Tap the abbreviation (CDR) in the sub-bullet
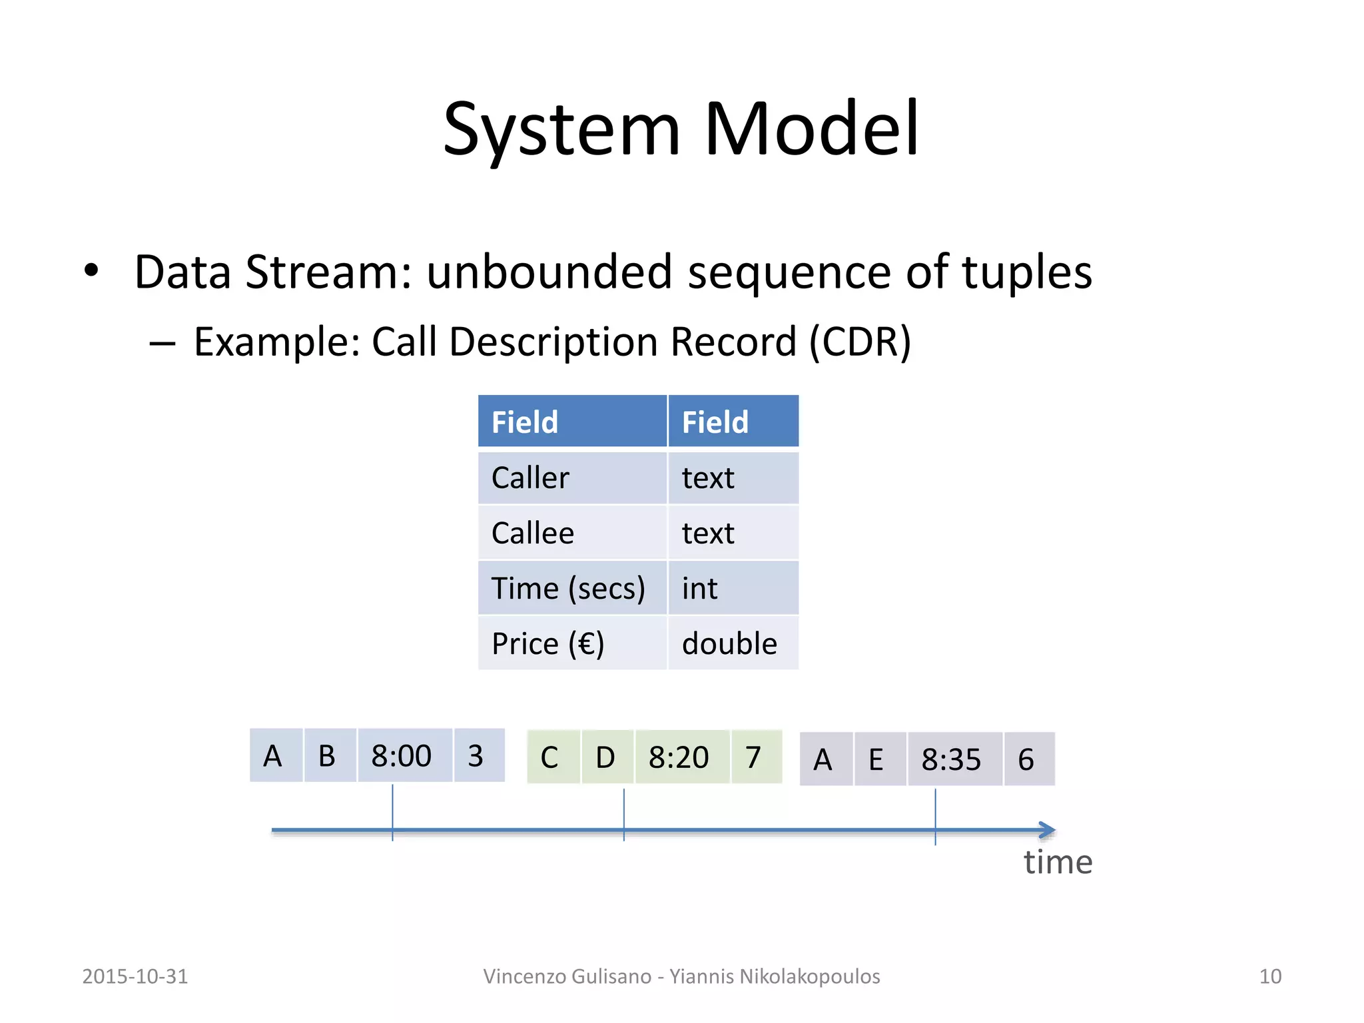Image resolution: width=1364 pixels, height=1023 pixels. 860,342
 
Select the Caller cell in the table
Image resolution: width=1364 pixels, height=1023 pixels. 571,478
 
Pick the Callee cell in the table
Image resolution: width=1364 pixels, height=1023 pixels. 571,533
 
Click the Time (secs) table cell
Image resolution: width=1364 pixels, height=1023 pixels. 571,588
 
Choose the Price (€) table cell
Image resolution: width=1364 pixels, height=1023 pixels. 571,643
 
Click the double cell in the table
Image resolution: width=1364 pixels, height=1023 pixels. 732,643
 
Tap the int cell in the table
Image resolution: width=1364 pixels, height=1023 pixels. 732,588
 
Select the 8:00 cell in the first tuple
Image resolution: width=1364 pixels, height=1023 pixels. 404,755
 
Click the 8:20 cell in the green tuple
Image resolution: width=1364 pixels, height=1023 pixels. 682,757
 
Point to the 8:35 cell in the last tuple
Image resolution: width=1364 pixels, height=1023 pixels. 954,759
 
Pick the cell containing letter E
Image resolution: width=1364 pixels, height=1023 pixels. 879,759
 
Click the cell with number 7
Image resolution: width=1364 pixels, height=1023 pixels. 756,757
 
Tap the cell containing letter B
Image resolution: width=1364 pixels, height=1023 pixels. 329,755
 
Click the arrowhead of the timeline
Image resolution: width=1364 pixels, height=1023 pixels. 1048,830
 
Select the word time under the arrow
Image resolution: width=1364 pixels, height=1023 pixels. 1058,862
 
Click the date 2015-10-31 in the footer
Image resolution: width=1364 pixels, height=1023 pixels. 135,976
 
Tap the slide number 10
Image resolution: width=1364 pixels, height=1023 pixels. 1269,976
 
